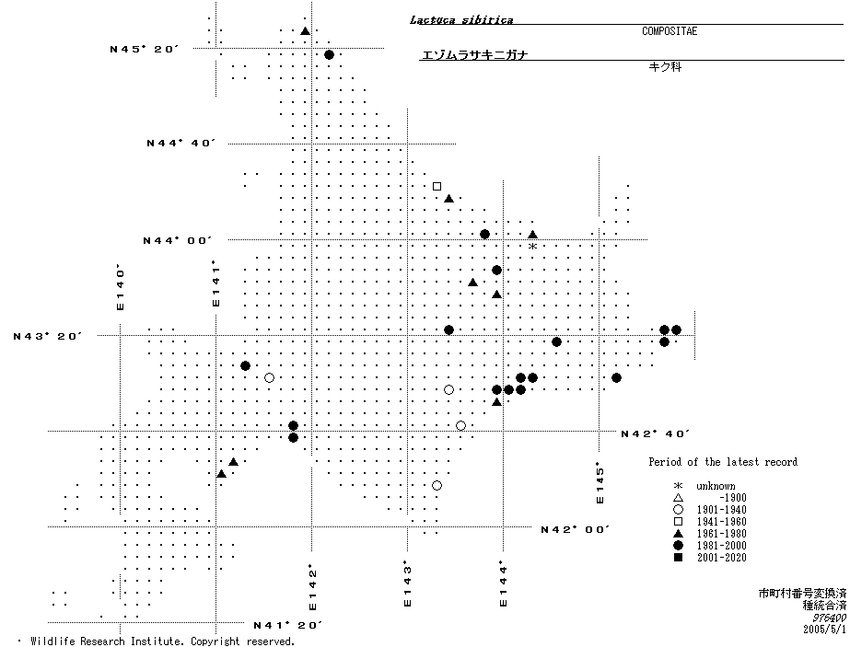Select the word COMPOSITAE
coord(670,31)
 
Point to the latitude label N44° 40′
coord(181,143)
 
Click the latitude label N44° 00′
coord(178,240)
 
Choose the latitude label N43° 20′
coord(48,336)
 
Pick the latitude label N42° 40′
coord(655,433)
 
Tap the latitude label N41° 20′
coord(287,625)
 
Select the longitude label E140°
coord(119,287)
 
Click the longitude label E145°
coord(600,482)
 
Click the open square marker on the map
coord(437,186)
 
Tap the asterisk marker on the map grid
coord(532,247)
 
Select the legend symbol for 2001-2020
coord(678,558)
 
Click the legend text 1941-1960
coord(721,522)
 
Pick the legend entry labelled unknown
coord(716,486)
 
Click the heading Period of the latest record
coord(723,462)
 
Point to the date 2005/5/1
coord(824,630)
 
